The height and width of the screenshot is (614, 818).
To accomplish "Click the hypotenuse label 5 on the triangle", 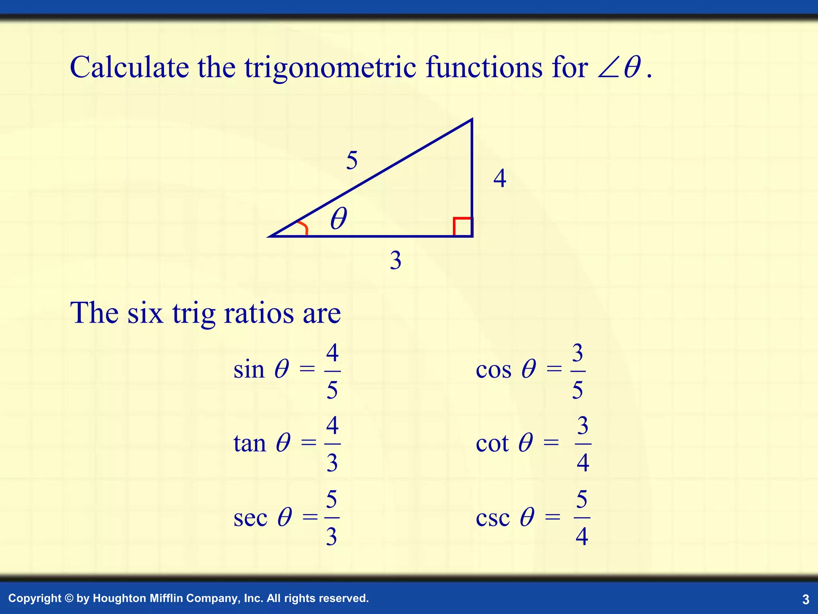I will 351,161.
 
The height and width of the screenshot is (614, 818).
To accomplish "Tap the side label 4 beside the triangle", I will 500,179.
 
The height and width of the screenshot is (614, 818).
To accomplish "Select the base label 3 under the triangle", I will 395,261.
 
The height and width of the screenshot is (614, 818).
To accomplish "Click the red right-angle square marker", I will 463,227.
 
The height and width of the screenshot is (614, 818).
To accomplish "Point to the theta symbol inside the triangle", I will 339,219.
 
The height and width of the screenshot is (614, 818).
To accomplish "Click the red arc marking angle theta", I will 303,228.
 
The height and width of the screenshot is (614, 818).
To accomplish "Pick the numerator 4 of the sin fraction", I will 332,353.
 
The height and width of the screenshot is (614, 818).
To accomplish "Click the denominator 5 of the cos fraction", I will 578,390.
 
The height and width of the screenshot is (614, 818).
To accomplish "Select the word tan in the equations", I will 250,444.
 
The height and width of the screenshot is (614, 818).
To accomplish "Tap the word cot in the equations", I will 492,444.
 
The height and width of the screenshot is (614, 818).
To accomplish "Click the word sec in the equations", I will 250,518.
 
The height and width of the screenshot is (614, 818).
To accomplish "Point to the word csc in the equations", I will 493,518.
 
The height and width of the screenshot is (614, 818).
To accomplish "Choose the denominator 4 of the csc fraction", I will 582,536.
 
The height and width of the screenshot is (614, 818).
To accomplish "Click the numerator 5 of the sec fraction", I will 332,500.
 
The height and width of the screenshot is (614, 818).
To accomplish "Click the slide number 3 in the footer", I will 806,599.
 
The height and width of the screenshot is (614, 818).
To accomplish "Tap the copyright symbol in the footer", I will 69,598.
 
